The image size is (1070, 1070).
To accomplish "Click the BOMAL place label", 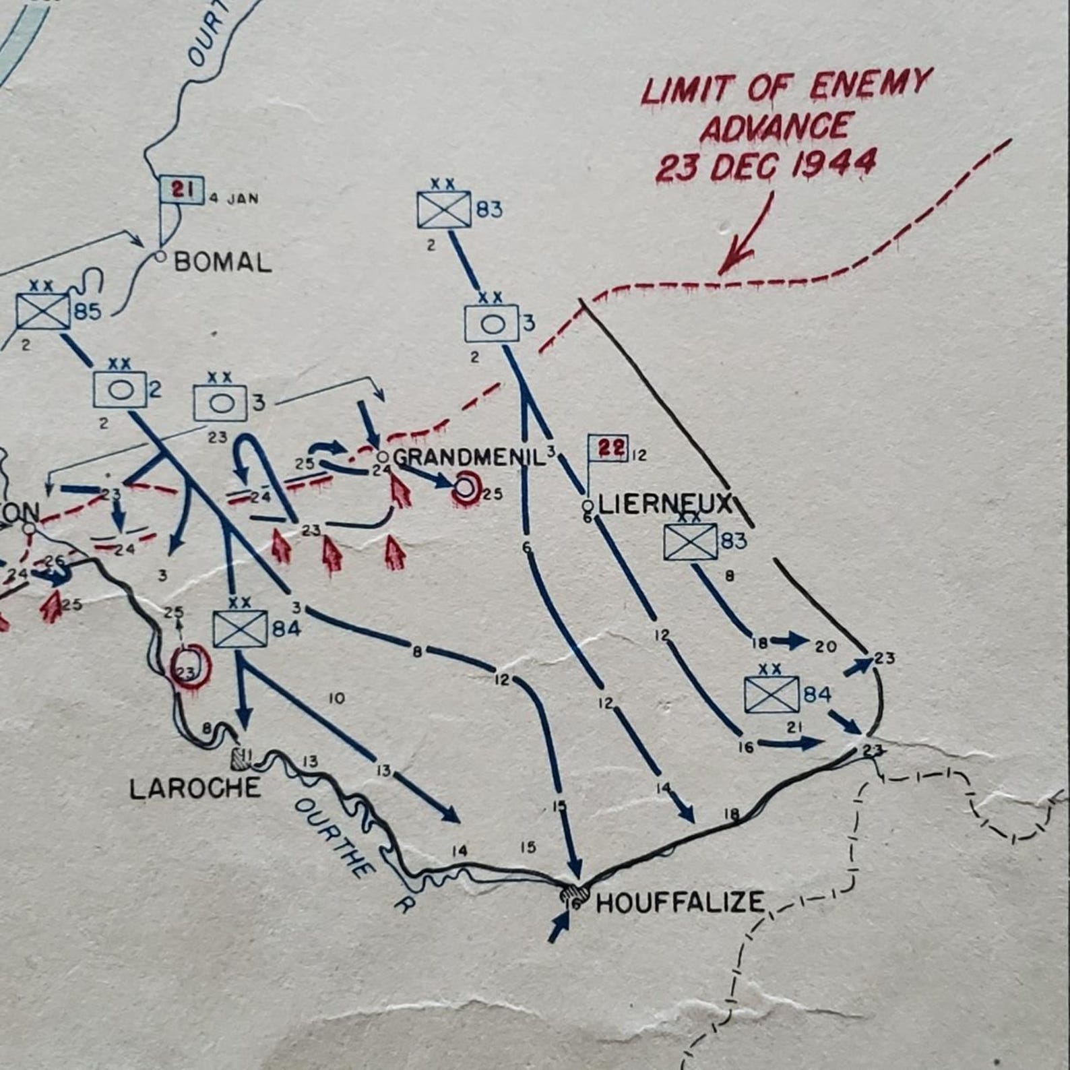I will [223, 261].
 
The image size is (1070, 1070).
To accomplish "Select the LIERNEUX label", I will [664, 504].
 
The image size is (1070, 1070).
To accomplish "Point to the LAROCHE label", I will [195, 788].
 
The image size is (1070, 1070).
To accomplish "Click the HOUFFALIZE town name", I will [681, 902].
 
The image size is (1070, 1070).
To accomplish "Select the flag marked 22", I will [608, 448].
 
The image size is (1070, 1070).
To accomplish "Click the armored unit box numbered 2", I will [119, 389].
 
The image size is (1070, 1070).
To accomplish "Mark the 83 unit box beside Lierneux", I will [690, 542].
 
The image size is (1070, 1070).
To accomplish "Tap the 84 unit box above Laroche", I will [240, 629].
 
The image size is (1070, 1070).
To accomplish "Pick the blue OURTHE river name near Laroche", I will [335, 837].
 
